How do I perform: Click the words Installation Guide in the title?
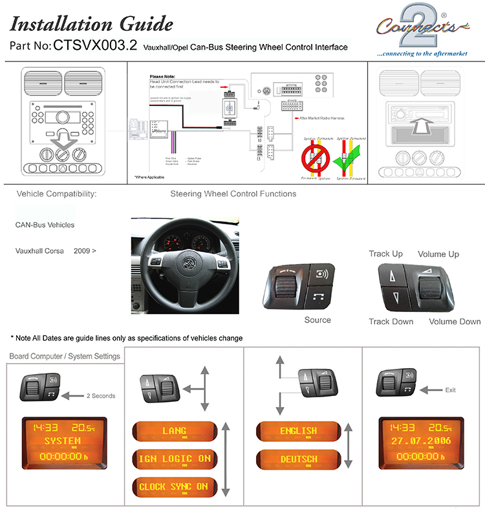(x=92, y=25)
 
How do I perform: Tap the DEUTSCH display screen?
(x=298, y=459)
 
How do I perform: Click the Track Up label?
(x=386, y=254)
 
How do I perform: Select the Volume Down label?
(x=455, y=321)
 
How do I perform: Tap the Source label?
(x=318, y=320)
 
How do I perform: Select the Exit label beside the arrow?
(x=451, y=390)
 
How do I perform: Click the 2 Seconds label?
(x=101, y=395)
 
